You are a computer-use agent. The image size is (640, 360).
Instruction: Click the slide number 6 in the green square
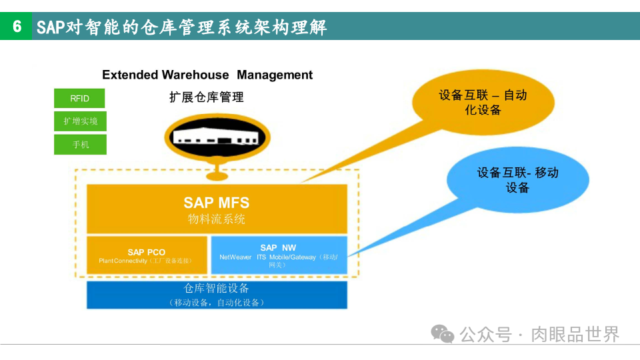coord(17,27)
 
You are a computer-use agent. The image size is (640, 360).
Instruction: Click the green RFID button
coord(80,99)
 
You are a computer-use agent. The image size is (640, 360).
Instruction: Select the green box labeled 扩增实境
coord(80,121)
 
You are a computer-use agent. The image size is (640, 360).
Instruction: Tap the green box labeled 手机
coord(80,144)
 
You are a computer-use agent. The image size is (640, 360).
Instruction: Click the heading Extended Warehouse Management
coord(207,75)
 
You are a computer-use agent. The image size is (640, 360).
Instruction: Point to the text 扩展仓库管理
coord(207,97)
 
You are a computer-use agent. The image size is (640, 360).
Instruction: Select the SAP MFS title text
coord(217,202)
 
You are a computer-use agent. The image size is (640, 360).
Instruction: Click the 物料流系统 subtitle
coord(217,219)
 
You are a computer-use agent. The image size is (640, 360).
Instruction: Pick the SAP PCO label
coord(147,252)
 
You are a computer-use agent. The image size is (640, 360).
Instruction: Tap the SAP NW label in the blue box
coord(278,247)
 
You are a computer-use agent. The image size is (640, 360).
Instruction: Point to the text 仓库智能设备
coord(217,289)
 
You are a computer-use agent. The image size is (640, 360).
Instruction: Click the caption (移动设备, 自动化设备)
coord(217,303)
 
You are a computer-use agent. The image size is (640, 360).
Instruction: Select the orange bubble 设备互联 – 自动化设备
coord(483,102)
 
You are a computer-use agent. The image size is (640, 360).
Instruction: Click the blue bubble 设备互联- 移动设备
coord(517,180)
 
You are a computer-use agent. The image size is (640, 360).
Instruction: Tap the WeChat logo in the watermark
coord(442,333)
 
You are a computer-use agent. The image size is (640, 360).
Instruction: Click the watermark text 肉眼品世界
coord(575,334)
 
